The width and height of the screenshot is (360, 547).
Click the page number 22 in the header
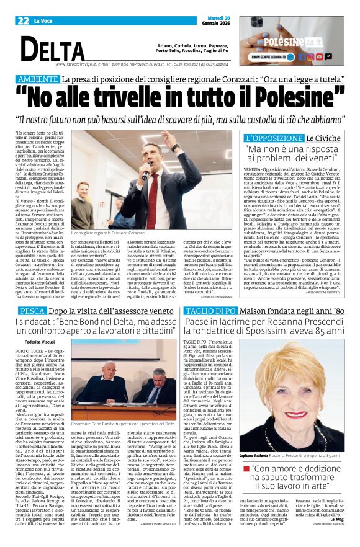(24, 21)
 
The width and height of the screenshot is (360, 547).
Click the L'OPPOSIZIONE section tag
(272, 137)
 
